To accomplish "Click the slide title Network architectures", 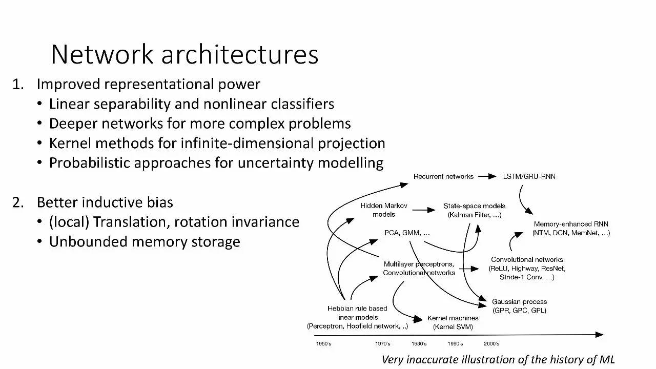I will [x=184, y=54].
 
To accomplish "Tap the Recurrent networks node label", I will [x=443, y=176].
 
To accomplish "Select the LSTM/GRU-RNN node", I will [x=529, y=176].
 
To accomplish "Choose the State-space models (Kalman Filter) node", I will [x=474, y=211].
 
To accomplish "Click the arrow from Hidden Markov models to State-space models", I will [x=423, y=210].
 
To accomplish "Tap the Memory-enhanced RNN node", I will [x=571, y=229].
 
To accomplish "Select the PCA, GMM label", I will [x=407, y=233].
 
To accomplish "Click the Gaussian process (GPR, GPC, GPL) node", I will [x=519, y=306].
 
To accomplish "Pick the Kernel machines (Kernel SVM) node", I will [x=453, y=322].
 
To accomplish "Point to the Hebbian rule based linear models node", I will [x=357, y=317].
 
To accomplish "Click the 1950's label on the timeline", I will [x=323, y=343].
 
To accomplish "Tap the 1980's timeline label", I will [x=419, y=343].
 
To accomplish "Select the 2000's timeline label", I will [x=491, y=343].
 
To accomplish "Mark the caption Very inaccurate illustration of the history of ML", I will [x=498, y=359].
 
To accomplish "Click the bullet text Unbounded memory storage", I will [x=145, y=241].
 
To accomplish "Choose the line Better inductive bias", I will [x=105, y=202].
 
